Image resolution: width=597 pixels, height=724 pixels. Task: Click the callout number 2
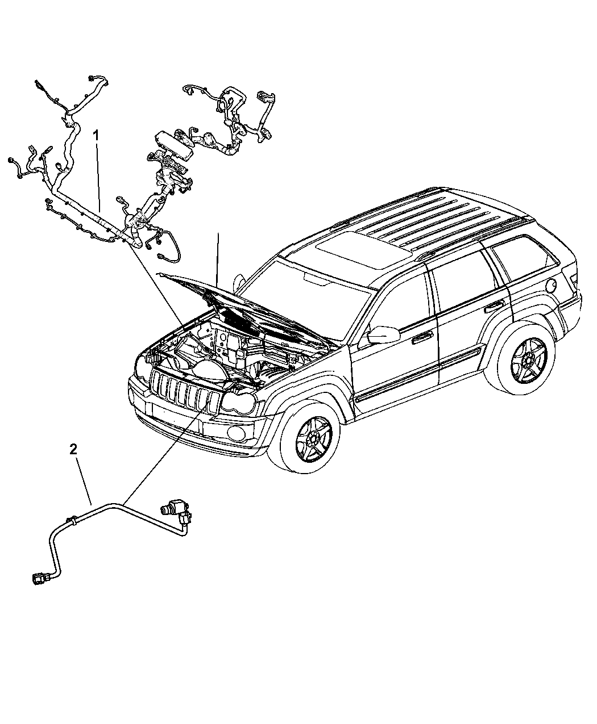pos(73,450)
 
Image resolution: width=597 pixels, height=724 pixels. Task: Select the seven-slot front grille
pos(186,390)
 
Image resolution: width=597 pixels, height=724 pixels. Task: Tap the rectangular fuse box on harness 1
pos(175,139)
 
